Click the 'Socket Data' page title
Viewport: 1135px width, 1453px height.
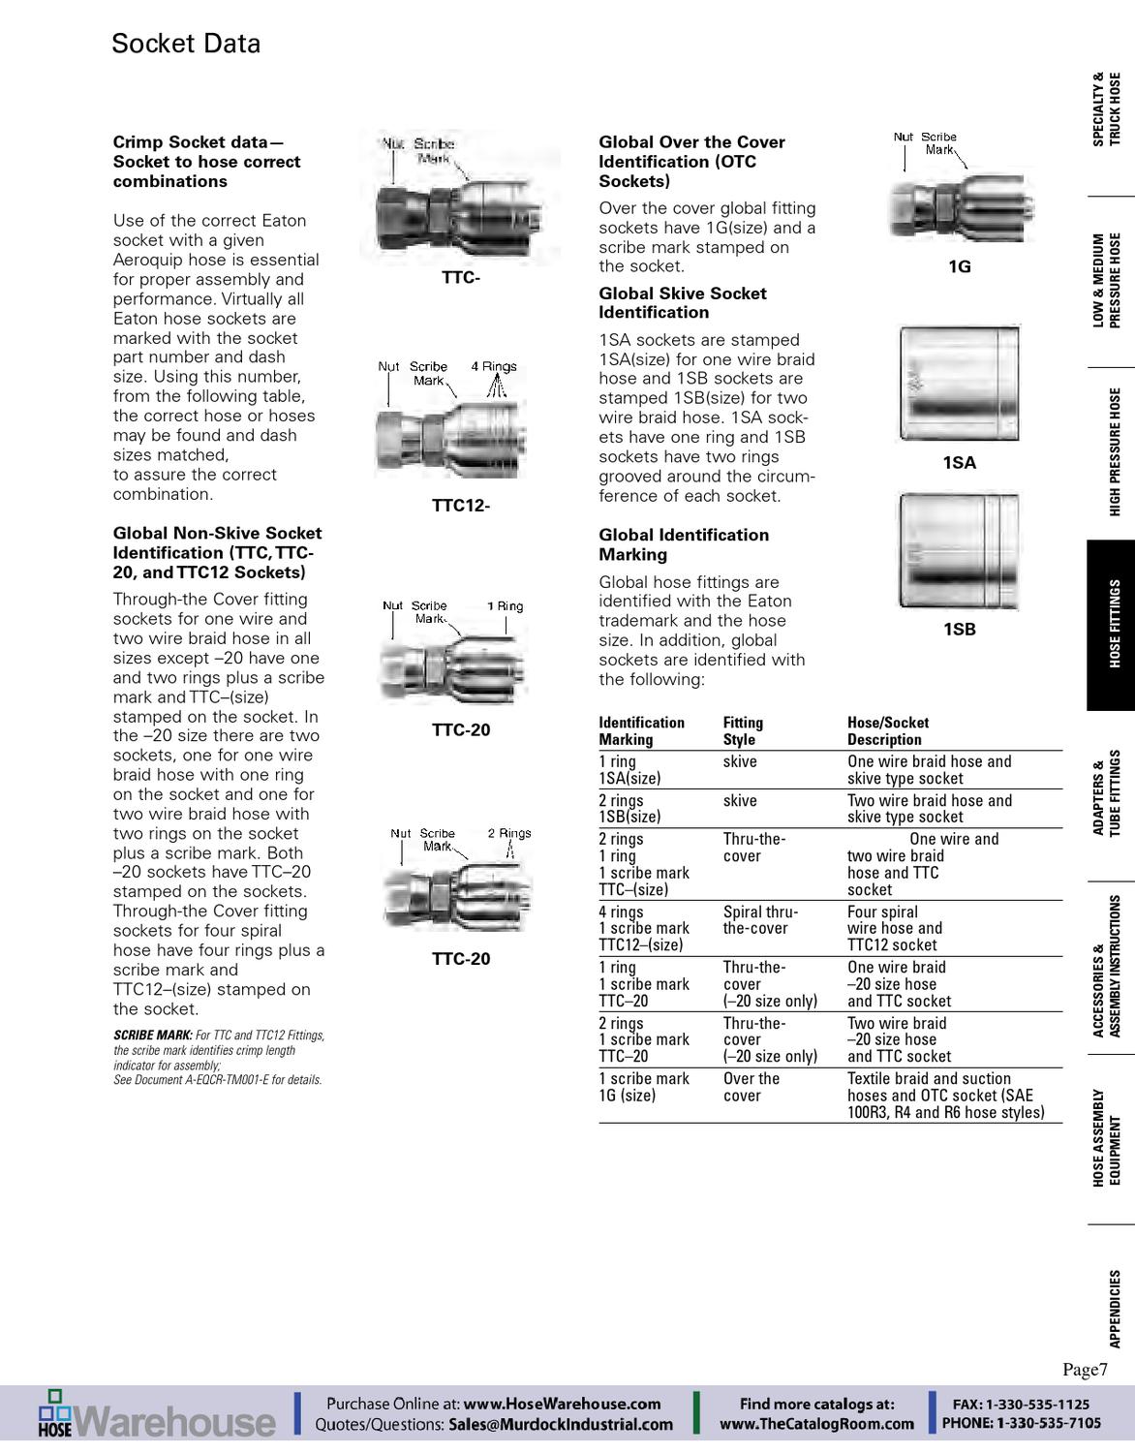pyautogui.click(x=186, y=44)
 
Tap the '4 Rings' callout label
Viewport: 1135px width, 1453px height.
pyautogui.click(x=494, y=366)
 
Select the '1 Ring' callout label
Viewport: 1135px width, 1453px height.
pyautogui.click(x=505, y=605)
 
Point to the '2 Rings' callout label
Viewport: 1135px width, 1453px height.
pyautogui.click(x=508, y=833)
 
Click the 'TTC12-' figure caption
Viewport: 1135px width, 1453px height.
pyautogui.click(x=461, y=506)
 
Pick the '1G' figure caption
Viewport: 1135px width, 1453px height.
pyautogui.click(x=959, y=266)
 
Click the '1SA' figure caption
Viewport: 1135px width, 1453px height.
pyautogui.click(x=959, y=463)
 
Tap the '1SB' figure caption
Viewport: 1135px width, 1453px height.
pyautogui.click(x=959, y=630)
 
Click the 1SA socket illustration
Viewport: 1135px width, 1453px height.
pyautogui.click(x=959, y=384)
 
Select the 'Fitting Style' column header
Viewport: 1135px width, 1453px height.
pyautogui.click(x=743, y=731)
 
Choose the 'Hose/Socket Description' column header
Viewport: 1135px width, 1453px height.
pyautogui.click(x=887, y=731)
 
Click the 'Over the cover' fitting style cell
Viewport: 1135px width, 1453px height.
pyautogui.click(x=751, y=1087)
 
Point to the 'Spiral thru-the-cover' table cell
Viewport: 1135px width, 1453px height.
pyautogui.click(x=760, y=920)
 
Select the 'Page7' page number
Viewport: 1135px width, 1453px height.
pyautogui.click(x=1084, y=1369)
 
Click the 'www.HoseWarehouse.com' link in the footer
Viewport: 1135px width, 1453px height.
pyautogui.click(x=562, y=1404)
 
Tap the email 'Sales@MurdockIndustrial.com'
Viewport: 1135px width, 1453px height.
pyautogui.click(x=561, y=1424)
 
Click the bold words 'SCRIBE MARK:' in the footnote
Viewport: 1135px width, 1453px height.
pyautogui.click(x=152, y=1036)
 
